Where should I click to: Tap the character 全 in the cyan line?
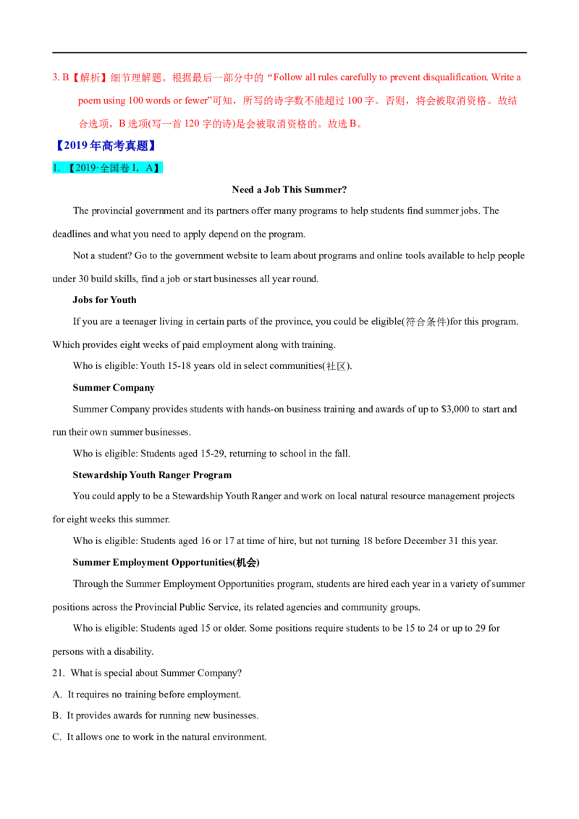click(105, 168)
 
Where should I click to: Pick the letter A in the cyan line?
click(149, 168)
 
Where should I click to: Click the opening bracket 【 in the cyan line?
click(70, 168)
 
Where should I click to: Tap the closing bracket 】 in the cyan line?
click(157, 168)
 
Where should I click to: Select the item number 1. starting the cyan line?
click(56, 168)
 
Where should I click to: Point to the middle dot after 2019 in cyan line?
click(98, 168)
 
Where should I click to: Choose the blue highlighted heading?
click(105, 145)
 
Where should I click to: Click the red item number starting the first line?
click(55, 76)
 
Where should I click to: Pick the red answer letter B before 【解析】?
click(65, 76)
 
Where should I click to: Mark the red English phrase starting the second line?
click(138, 101)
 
